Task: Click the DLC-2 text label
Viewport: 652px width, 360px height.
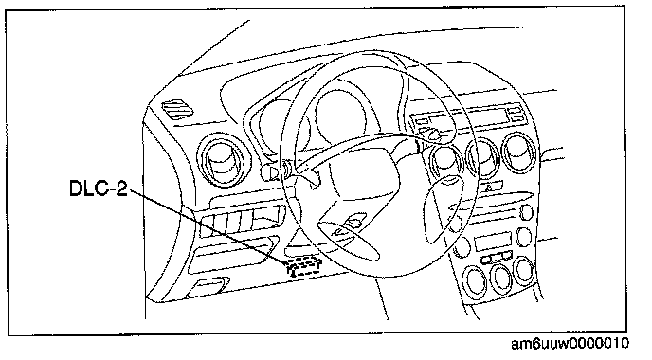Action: pos(99,189)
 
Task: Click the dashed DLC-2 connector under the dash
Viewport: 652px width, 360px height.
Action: pos(302,267)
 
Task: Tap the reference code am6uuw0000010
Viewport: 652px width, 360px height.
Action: pos(570,344)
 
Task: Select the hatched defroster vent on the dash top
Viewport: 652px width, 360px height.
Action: pos(177,110)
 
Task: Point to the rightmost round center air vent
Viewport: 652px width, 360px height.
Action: pos(519,153)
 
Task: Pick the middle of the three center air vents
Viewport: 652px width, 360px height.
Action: pos(483,157)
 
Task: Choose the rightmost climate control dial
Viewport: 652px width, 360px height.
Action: pos(523,270)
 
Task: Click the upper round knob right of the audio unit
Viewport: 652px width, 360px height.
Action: pos(526,212)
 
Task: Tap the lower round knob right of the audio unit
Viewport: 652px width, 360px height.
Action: pos(523,238)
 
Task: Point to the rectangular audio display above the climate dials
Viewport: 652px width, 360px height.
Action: pos(493,242)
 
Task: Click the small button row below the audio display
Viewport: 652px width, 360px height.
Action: pos(496,258)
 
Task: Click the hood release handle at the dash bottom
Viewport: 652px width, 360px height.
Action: pos(207,287)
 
